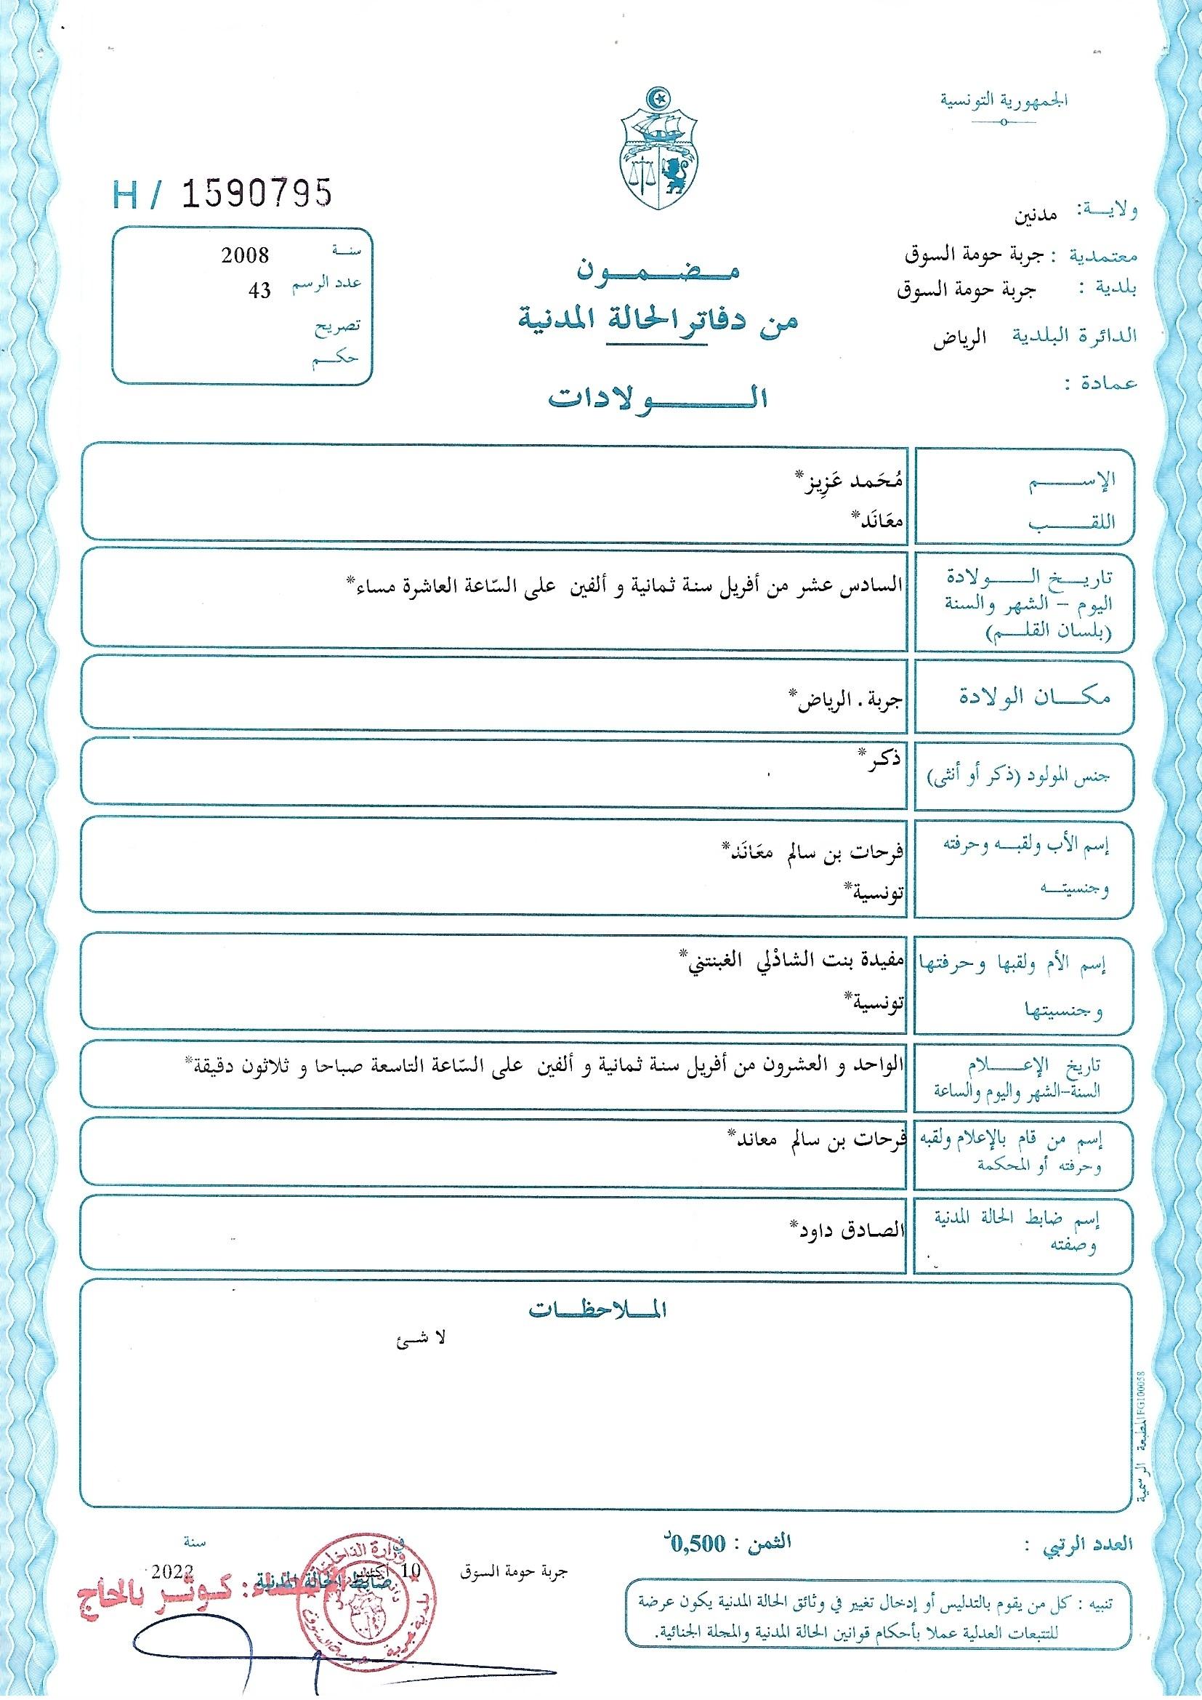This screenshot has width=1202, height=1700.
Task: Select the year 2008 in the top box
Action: pos(245,256)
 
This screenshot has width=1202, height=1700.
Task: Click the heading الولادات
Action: pos(656,398)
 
